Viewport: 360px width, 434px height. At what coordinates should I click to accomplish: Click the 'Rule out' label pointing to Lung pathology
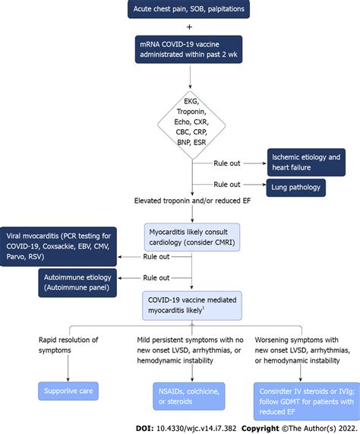228,184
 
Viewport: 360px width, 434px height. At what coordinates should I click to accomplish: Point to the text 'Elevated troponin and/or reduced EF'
191,201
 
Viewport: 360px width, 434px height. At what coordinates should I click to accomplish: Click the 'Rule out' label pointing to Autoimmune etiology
156,277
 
